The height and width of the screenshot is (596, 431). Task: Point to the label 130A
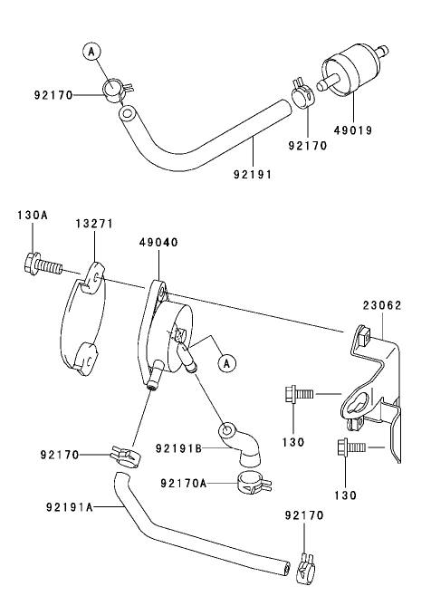[33, 216]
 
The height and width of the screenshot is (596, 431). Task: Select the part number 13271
[93, 223]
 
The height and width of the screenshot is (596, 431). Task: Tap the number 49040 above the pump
[158, 244]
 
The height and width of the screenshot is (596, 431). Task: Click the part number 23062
[383, 306]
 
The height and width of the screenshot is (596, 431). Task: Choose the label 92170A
[184, 484]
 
